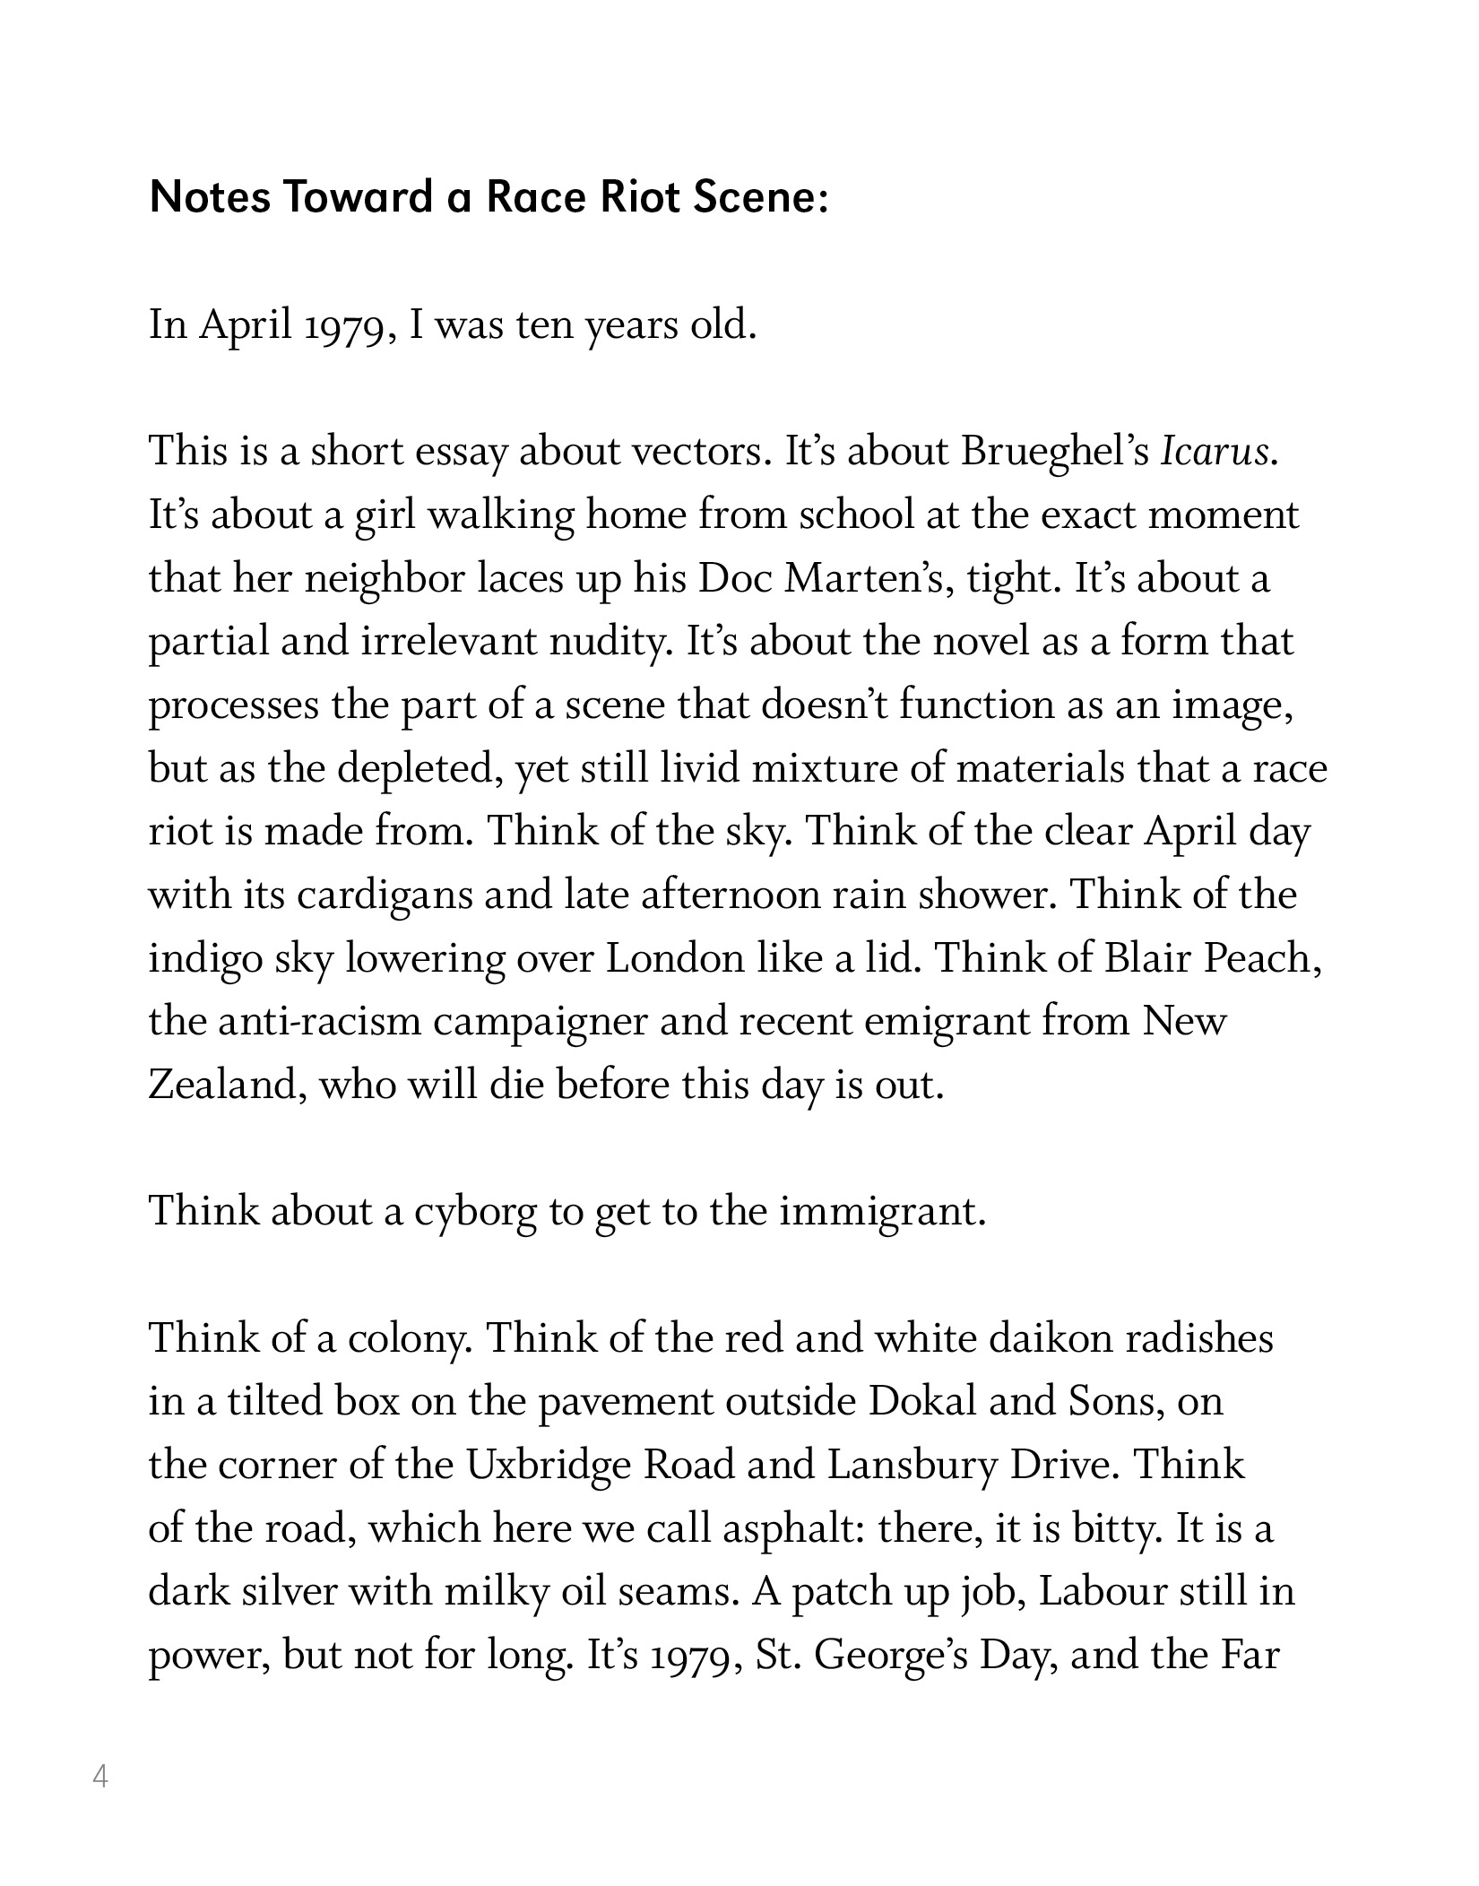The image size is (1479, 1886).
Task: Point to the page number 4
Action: tap(100, 1775)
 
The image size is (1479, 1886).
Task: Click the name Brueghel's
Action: tap(1055, 452)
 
